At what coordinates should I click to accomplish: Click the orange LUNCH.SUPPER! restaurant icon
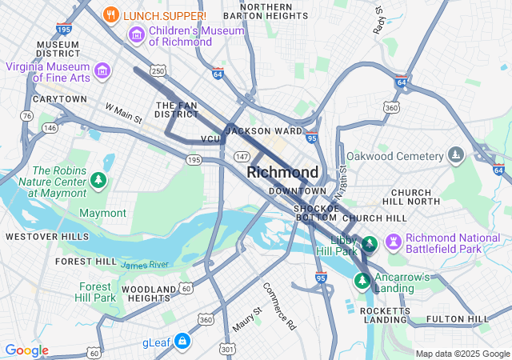coord(112,15)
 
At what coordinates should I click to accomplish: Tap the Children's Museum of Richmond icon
coord(135,35)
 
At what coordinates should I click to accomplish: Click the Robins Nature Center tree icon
coord(98,180)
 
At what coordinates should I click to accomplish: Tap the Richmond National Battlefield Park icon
coord(393,241)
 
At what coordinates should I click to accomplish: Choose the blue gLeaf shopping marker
coord(182,342)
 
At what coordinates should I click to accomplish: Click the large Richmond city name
coord(282,172)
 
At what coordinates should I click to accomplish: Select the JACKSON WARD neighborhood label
coord(264,130)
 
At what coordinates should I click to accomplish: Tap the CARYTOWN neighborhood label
coord(59,99)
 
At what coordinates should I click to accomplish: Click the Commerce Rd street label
coord(279,306)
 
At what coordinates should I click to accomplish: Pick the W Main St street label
coord(123,113)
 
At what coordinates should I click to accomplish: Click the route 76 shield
coord(27,116)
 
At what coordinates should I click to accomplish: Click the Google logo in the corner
coord(26,350)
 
